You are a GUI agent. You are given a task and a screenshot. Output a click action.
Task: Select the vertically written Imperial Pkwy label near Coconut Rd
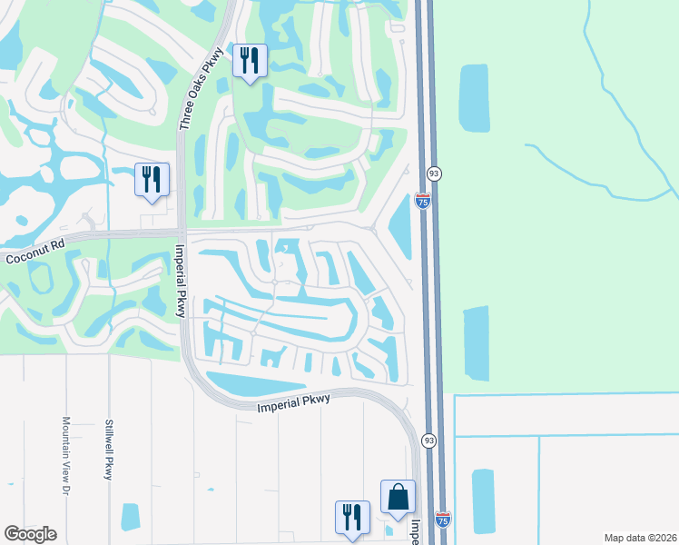182,281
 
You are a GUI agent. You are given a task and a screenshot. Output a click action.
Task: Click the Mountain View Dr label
66,455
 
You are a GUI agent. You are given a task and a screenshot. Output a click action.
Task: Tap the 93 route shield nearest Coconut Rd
434,173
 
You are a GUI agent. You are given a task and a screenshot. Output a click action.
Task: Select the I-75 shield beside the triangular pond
423,201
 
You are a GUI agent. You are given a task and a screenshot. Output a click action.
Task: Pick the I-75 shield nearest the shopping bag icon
442,520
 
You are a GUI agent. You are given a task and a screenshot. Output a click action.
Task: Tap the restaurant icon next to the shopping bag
351,518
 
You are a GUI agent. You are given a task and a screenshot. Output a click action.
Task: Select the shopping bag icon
398,497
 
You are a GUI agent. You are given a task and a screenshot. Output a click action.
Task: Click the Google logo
30,533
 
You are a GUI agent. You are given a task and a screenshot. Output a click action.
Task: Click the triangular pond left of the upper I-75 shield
400,223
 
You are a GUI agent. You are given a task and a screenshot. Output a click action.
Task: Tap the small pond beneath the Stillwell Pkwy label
131,516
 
